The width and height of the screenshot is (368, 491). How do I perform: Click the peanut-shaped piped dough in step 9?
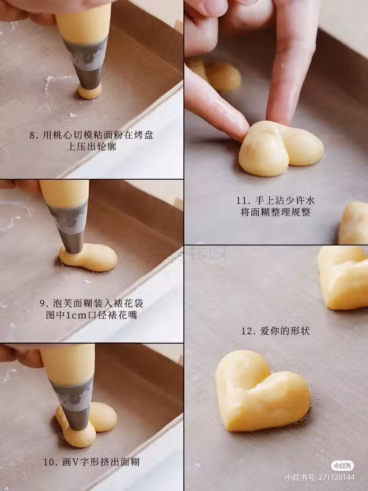(x=88, y=257)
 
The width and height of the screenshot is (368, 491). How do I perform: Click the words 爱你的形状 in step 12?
(x=285, y=331)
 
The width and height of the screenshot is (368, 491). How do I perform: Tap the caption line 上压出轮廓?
(x=91, y=147)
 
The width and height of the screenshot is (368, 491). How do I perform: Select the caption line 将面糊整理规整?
(x=276, y=212)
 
